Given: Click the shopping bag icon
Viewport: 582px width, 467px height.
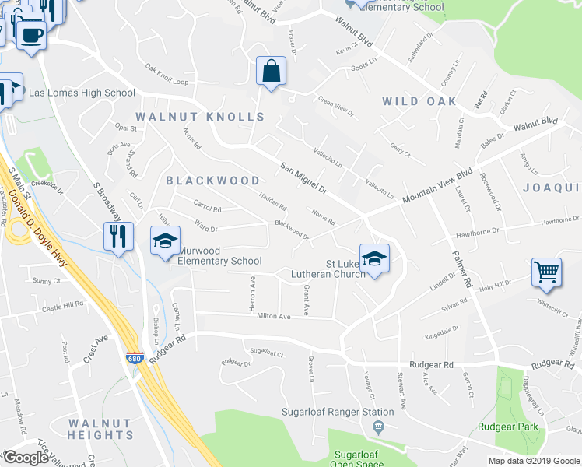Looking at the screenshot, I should click(x=270, y=72).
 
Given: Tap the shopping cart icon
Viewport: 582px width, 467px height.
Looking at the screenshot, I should click(x=547, y=272).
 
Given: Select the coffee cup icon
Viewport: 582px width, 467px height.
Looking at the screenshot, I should click(x=31, y=36).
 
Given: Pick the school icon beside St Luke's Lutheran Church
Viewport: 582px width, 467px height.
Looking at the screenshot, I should click(x=373, y=258).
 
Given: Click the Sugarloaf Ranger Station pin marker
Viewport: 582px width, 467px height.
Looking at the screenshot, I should click(x=379, y=426).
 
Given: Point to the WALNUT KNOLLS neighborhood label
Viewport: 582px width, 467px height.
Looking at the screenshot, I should click(x=200, y=117).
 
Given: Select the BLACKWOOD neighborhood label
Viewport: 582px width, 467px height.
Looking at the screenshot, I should click(x=212, y=181).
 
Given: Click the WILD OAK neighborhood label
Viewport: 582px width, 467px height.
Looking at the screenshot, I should click(x=419, y=101).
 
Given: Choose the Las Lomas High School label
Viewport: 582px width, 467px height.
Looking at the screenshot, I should click(x=82, y=93).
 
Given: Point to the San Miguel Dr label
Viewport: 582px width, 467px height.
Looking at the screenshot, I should click(x=304, y=178).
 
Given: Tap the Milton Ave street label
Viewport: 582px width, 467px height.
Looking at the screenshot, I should click(x=273, y=316).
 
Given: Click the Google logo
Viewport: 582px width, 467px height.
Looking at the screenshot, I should click(x=26, y=458).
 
